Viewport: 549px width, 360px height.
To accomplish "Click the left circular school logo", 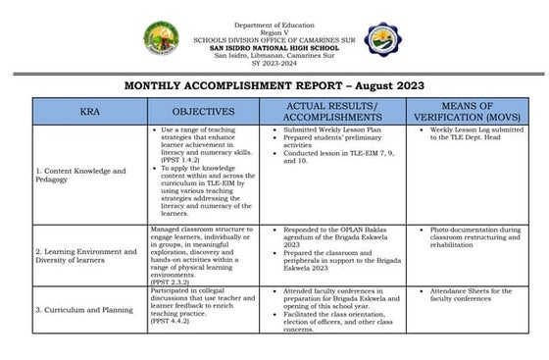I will [163, 40].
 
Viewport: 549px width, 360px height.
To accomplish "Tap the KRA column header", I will [89, 112].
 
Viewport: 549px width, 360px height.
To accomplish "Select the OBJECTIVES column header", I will [203, 112].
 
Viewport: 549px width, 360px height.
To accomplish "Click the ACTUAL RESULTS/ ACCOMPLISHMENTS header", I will [330, 112].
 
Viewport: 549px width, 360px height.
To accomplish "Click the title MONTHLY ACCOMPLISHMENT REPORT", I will [274, 86].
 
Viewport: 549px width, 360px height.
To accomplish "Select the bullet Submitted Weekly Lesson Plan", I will [323, 130].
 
